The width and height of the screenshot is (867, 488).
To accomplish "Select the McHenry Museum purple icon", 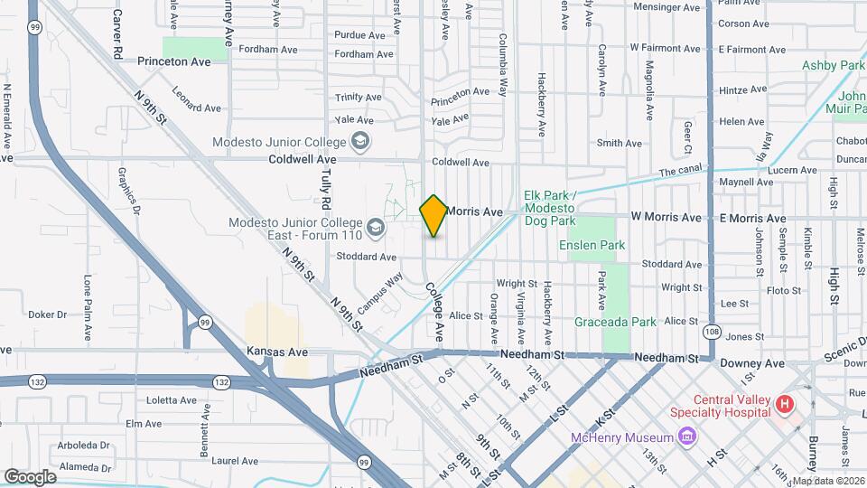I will click(688, 437).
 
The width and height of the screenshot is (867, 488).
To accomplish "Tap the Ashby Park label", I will click(833, 65).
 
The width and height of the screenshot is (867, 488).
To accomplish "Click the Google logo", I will click(30, 476).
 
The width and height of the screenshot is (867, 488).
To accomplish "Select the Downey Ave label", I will click(751, 363).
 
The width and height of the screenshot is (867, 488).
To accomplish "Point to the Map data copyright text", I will click(826, 480).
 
